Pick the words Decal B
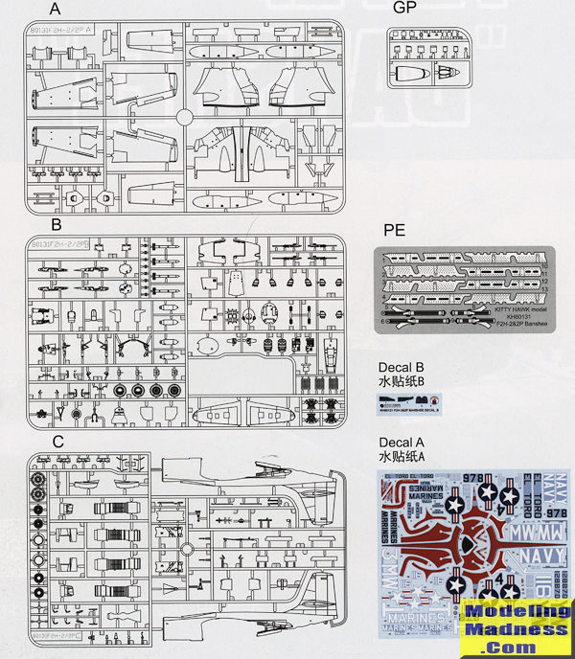pyautogui.click(x=403, y=369)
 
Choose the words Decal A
pyautogui.click(x=403, y=443)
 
